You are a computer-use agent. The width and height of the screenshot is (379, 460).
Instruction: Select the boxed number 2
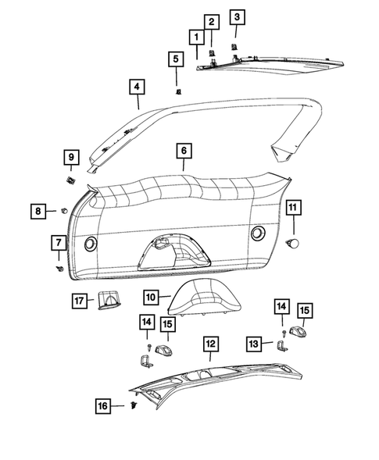pos(212,22)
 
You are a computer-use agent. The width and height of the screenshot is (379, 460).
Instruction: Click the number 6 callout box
pos(182,150)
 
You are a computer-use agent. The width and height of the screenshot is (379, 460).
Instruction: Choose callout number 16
pos(102,406)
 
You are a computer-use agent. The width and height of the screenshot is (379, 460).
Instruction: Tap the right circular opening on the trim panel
pos(257,234)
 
